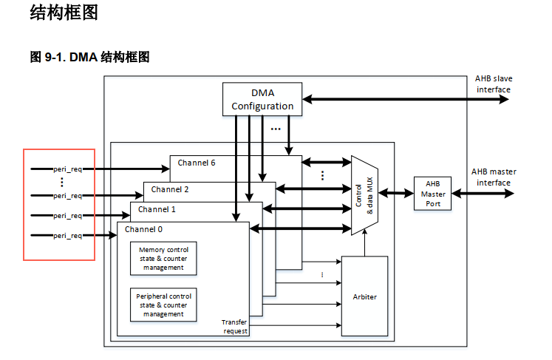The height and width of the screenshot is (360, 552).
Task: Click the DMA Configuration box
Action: [x=262, y=99]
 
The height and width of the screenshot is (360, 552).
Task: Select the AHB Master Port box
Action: [x=433, y=194]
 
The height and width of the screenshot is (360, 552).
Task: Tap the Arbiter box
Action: [x=364, y=296]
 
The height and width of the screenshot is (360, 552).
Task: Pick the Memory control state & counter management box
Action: [x=163, y=259]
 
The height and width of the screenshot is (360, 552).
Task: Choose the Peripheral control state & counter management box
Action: [x=163, y=305]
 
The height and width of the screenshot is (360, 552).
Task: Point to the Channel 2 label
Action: [x=170, y=189]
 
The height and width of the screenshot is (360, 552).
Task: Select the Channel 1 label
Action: [x=157, y=209]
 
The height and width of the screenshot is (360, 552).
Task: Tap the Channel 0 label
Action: [x=143, y=229]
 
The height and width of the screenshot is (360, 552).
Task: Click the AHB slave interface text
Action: [x=494, y=84]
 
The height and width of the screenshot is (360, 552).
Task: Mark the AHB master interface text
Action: [x=494, y=177]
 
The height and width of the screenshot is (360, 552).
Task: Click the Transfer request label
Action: [x=235, y=327]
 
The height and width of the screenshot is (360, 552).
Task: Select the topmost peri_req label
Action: [x=67, y=169]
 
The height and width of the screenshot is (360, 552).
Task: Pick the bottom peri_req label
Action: [x=67, y=235]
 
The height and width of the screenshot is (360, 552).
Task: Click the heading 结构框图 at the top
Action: [x=64, y=13]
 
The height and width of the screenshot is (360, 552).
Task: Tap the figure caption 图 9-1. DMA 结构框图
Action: [x=89, y=57]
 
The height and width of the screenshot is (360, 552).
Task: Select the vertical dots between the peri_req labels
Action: [x=61, y=182]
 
